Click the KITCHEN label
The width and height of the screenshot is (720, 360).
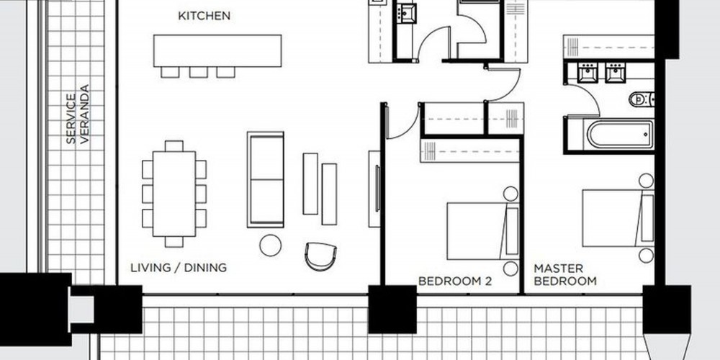[x=204, y=16]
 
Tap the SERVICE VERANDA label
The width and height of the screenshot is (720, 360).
[x=78, y=114]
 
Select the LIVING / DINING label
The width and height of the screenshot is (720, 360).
[x=179, y=268]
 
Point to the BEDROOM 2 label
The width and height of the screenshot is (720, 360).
[x=454, y=281]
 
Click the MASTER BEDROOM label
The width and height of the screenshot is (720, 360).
[x=564, y=274]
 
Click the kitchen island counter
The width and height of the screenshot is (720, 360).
[x=217, y=50]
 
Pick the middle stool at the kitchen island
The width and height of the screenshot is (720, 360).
[x=199, y=72]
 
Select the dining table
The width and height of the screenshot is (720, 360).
[x=174, y=194]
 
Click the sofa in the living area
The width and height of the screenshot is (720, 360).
[x=266, y=179]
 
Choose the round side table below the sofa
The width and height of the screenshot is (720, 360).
[x=271, y=246]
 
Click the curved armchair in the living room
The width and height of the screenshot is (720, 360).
[x=320, y=256]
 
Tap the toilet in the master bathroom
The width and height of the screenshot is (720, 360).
[x=642, y=99]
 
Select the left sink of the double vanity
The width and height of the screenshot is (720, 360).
[x=588, y=72]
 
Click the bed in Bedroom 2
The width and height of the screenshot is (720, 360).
[x=482, y=231]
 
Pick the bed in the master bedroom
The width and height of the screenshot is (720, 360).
[x=618, y=219]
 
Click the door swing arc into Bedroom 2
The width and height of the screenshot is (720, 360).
[x=410, y=128]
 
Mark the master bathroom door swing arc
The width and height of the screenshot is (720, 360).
[x=591, y=94]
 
